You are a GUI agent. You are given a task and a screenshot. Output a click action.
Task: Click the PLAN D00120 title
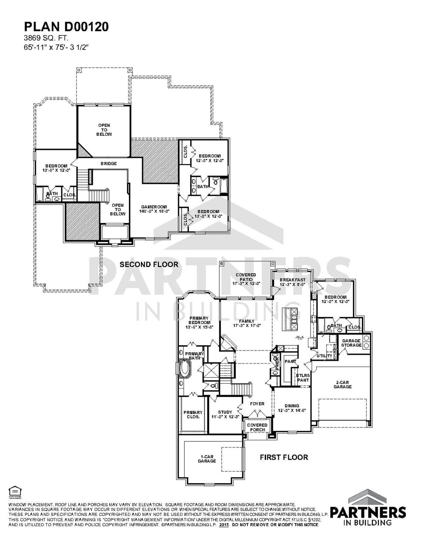[x=66, y=27]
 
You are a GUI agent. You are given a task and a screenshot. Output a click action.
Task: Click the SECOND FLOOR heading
[x=149, y=265]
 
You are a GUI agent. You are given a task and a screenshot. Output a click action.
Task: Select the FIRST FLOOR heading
[x=284, y=457]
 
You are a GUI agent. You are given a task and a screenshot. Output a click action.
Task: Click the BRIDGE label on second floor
[x=108, y=164]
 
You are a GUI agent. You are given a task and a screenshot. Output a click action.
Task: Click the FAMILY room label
[x=246, y=323]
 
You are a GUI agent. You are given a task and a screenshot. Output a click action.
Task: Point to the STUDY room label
[x=225, y=414]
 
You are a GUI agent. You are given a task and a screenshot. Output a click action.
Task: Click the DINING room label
[x=292, y=408]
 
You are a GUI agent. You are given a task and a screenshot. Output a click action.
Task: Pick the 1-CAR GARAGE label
[x=207, y=459]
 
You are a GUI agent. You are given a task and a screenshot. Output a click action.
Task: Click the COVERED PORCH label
[x=257, y=427]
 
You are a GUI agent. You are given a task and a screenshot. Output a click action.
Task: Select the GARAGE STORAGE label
[x=351, y=343]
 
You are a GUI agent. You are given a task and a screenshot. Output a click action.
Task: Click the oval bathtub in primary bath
[x=185, y=369]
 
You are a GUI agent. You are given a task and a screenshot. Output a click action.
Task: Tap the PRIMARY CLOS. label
[x=193, y=414]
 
